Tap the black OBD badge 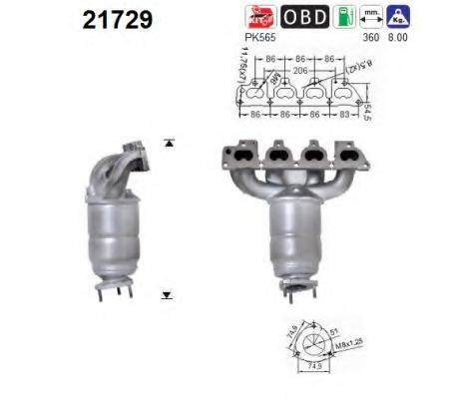302,17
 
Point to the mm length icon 371,16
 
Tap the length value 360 370,37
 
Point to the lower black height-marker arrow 167,296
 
